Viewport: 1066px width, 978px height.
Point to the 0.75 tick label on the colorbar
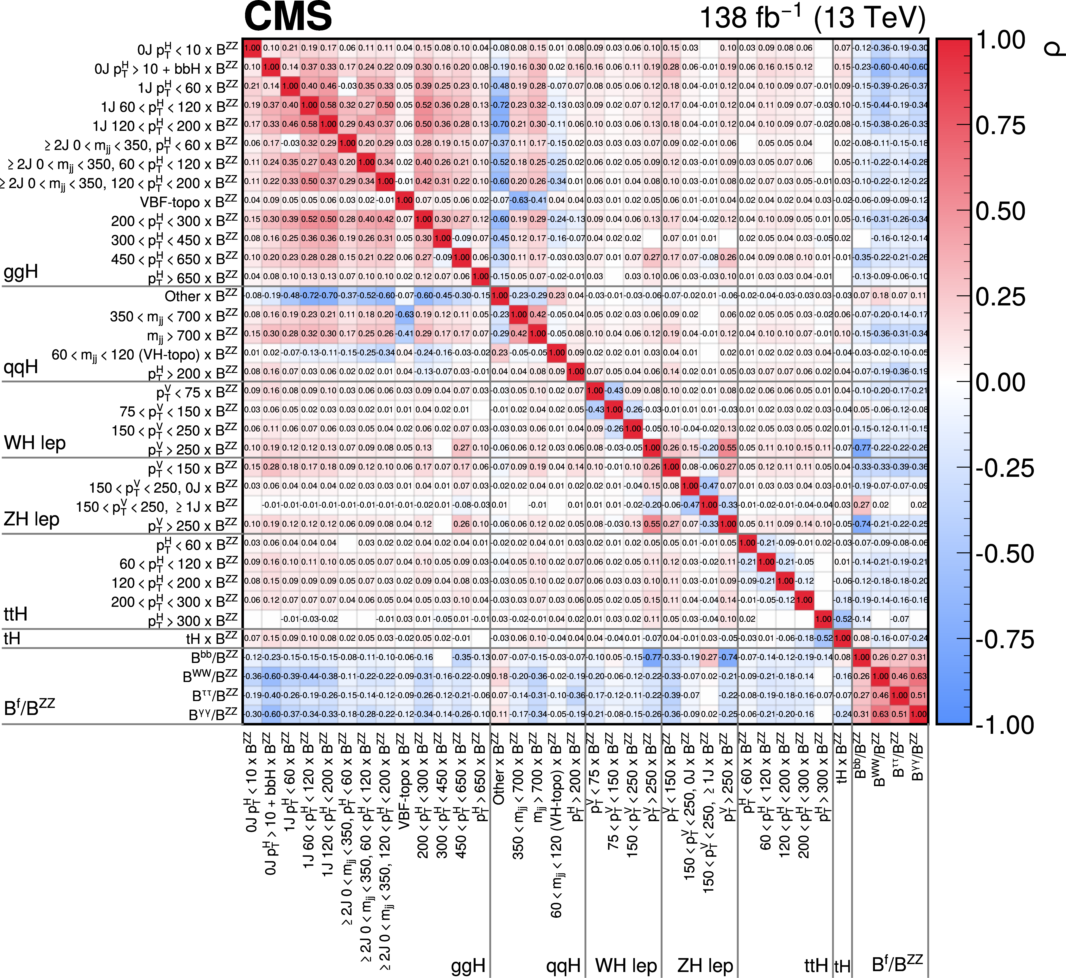(x=1000, y=126)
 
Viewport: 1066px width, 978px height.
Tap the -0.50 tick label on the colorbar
(x=1004, y=554)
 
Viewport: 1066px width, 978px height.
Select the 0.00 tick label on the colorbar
(x=1000, y=383)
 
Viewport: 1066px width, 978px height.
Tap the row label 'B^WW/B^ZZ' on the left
(x=210, y=676)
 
